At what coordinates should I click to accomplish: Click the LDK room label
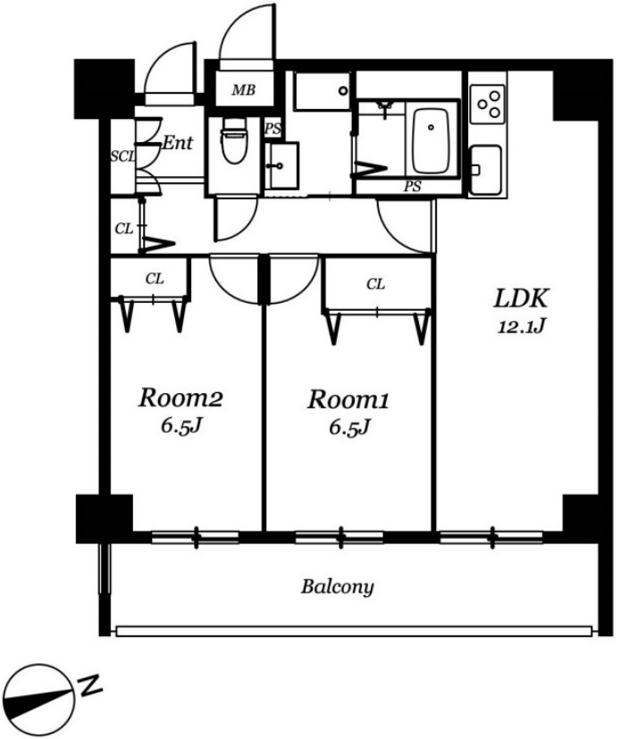(x=521, y=298)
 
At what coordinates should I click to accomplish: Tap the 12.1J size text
(x=521, y=326)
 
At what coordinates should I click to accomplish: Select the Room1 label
(x=348, y=399)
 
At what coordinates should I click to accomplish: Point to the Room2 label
(x=180, y=399)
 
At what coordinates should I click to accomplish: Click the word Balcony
(x=338, y=587)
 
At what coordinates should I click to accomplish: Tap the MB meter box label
(x=244, y=89)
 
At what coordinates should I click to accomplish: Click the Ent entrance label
(x=178, y=142)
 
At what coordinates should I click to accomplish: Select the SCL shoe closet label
(x=123, y=156)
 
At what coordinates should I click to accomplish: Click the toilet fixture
(x=234, y=140)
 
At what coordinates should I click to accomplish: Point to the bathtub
(x=431, y=141)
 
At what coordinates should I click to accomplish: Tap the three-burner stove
(x=488, y=105)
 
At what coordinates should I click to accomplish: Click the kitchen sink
(x=485, y=170)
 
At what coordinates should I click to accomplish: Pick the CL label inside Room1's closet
(x=375, y=284)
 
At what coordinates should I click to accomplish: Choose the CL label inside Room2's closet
(x=155, y=279)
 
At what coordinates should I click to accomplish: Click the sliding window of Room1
(x=340, y=537)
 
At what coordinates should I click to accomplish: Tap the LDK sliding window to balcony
(x=491, y=537)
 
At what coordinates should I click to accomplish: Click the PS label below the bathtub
(x=412, y=187)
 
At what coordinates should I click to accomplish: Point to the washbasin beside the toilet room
(x=281, y=165)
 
